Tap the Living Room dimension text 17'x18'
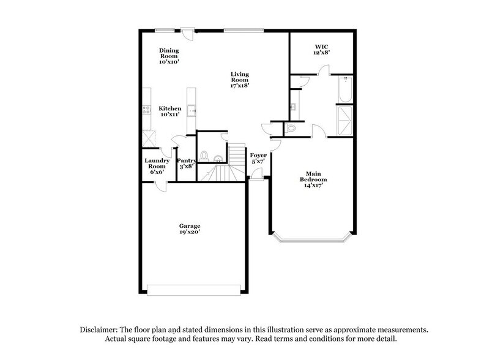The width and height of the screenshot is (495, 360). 239,86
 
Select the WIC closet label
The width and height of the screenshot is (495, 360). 322,47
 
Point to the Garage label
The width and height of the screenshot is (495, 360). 190,226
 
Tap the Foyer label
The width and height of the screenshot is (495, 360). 258,156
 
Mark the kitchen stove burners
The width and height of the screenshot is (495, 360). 147,110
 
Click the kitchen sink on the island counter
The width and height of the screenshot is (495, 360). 192,111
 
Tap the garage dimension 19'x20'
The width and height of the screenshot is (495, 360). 190,233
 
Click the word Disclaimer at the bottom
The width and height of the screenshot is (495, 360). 100,329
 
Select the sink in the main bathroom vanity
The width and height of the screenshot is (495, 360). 294,105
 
